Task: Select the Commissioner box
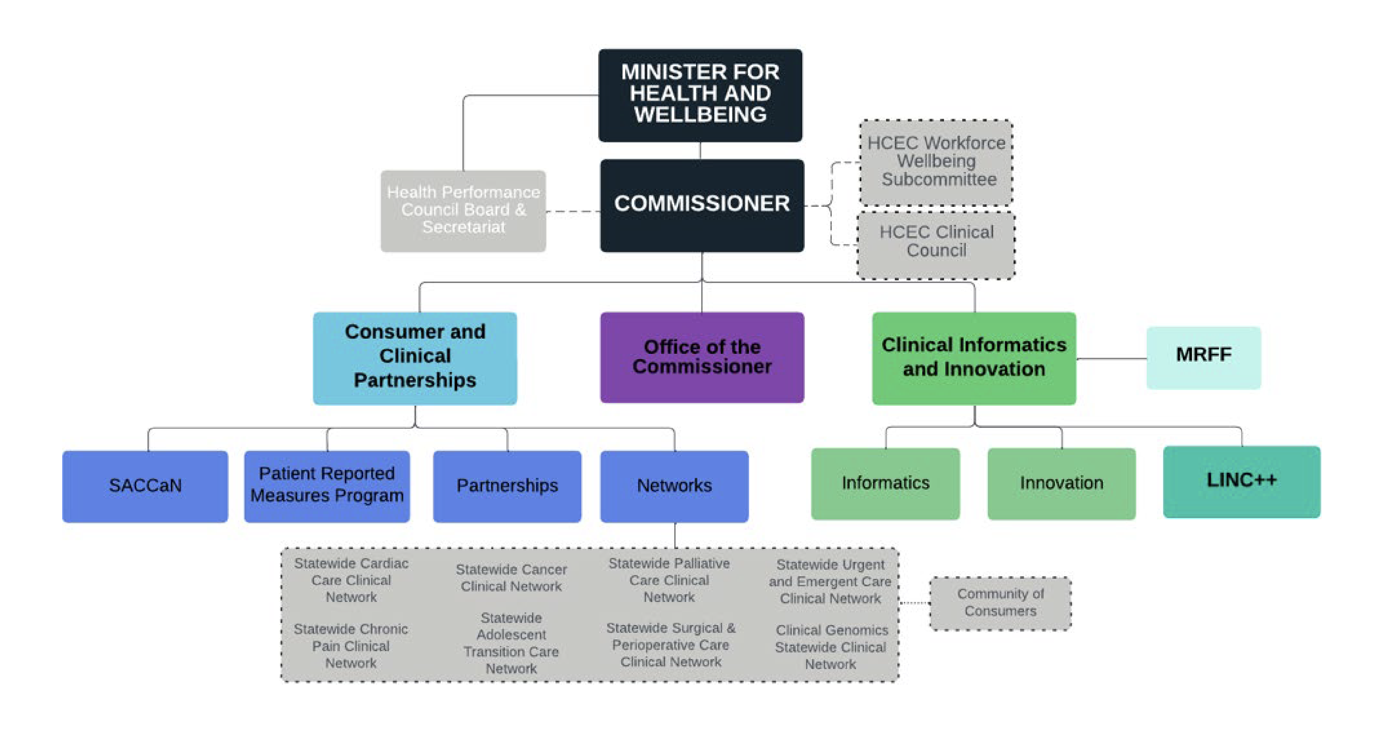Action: pos(701,205)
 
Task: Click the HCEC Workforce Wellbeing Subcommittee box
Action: pos(936,162)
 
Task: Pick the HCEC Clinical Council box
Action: pos(936,244)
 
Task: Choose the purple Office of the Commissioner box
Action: pos(701,357)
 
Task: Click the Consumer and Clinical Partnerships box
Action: pos(415,357)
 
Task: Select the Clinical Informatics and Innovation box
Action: pos(973,357)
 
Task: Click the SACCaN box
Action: pos(145,486)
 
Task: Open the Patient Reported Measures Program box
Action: pos(327,486)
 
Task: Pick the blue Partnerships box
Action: pos(506,486)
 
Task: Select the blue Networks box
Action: pos(674,486)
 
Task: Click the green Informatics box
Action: pos(885,483)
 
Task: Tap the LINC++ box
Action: pos(1241,481)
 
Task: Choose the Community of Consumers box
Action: pos(1000,603)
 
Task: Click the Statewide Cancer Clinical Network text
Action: pos(511,578)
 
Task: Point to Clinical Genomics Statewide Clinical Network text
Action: pos(831,647)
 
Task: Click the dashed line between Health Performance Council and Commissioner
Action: pos(573,212)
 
